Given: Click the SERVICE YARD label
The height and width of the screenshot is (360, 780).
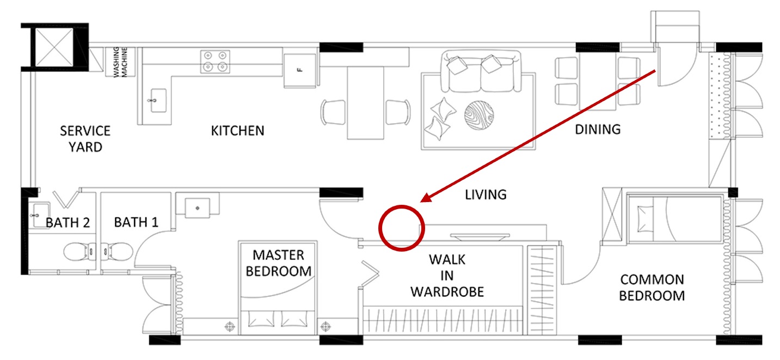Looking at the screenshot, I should pyautogui.click(x=85, y=138).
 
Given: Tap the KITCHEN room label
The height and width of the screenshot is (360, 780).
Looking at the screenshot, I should pyautogui.click(x=237, y=131).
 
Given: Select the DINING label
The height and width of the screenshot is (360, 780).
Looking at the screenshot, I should pyautogui.click(x=598, y=129).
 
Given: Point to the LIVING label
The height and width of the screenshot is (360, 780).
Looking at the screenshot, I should pyautogui.click(x=486, y=194).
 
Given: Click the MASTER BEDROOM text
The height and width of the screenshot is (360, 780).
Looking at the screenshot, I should pyautogui.click(x=278, y=263).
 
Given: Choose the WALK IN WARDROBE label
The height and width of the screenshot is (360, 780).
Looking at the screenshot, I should pyautogui.click(x=446, y=275).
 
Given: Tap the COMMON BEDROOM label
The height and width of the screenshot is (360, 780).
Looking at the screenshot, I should pyautogui.click(x=652, y=288).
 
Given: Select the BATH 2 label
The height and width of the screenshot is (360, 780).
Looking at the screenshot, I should pyautogui.click(x=67, y=222).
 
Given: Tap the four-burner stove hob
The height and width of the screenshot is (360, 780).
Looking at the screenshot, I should pyautogui.click(x=215, y=62).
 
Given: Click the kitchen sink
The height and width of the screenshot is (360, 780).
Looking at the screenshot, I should pyautogui.click(x=155, y=101).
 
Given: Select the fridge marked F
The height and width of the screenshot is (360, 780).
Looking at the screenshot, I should pyautogui.click(x=299, y=70).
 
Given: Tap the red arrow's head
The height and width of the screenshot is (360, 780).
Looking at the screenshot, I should pyautogui.click(x=425, y=199).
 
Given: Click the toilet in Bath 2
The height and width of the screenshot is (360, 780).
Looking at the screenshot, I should pyautogui.click(x=76, y=252).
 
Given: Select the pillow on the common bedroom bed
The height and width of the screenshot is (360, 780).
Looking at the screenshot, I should pyautogui.click(x=646, y=213).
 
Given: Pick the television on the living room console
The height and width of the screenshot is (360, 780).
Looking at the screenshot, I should pyautogui.click(x=478, y=236).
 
